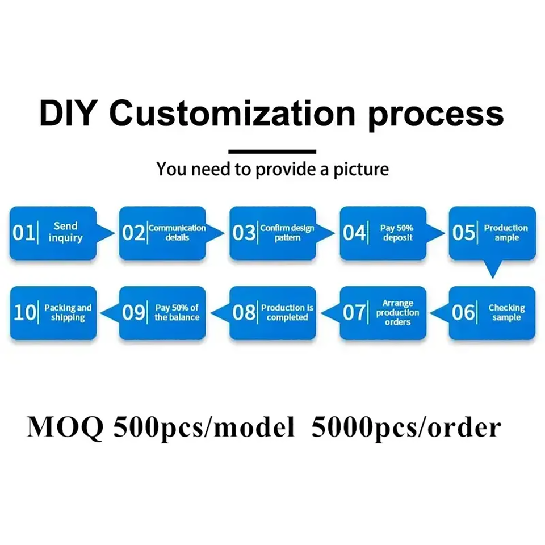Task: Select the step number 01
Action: [x=24, y=233]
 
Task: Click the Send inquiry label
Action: [x=65, y=232]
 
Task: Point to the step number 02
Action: [x=133, y=233]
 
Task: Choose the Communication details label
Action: [x=177, y=233]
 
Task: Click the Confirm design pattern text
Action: [x=287, y=233]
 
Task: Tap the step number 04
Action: [x=354, y=233]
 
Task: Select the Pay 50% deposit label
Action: [x=397, y=233]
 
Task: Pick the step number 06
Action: [x=463, y=312]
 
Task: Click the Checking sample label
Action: [x=506, y=312]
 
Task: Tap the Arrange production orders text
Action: [x=397, y=312]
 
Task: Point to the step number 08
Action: [x=244, y=312]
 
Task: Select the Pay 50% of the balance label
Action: [x=177, y=312]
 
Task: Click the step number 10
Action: [x=24, y=312]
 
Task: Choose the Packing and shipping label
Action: [x=68, y=312]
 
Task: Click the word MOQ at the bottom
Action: [x=65, y=427]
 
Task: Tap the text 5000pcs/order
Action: [x=406, y=427]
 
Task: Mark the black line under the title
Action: [x=272, y=152]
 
